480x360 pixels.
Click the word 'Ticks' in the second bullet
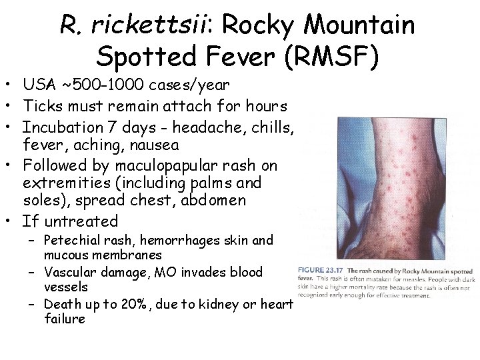42,105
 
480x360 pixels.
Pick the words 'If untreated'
69,221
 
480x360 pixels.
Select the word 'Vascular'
69,273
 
